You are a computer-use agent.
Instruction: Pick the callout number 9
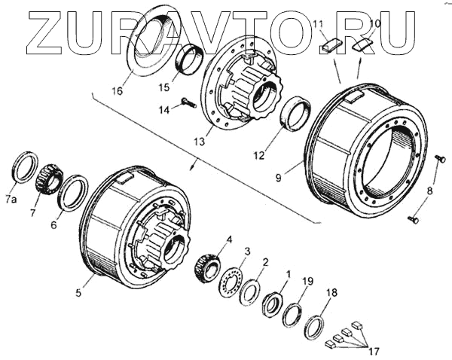279,178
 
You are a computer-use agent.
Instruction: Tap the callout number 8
429,191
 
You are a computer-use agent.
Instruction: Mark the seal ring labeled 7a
25,170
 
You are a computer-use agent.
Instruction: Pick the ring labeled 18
314,326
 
